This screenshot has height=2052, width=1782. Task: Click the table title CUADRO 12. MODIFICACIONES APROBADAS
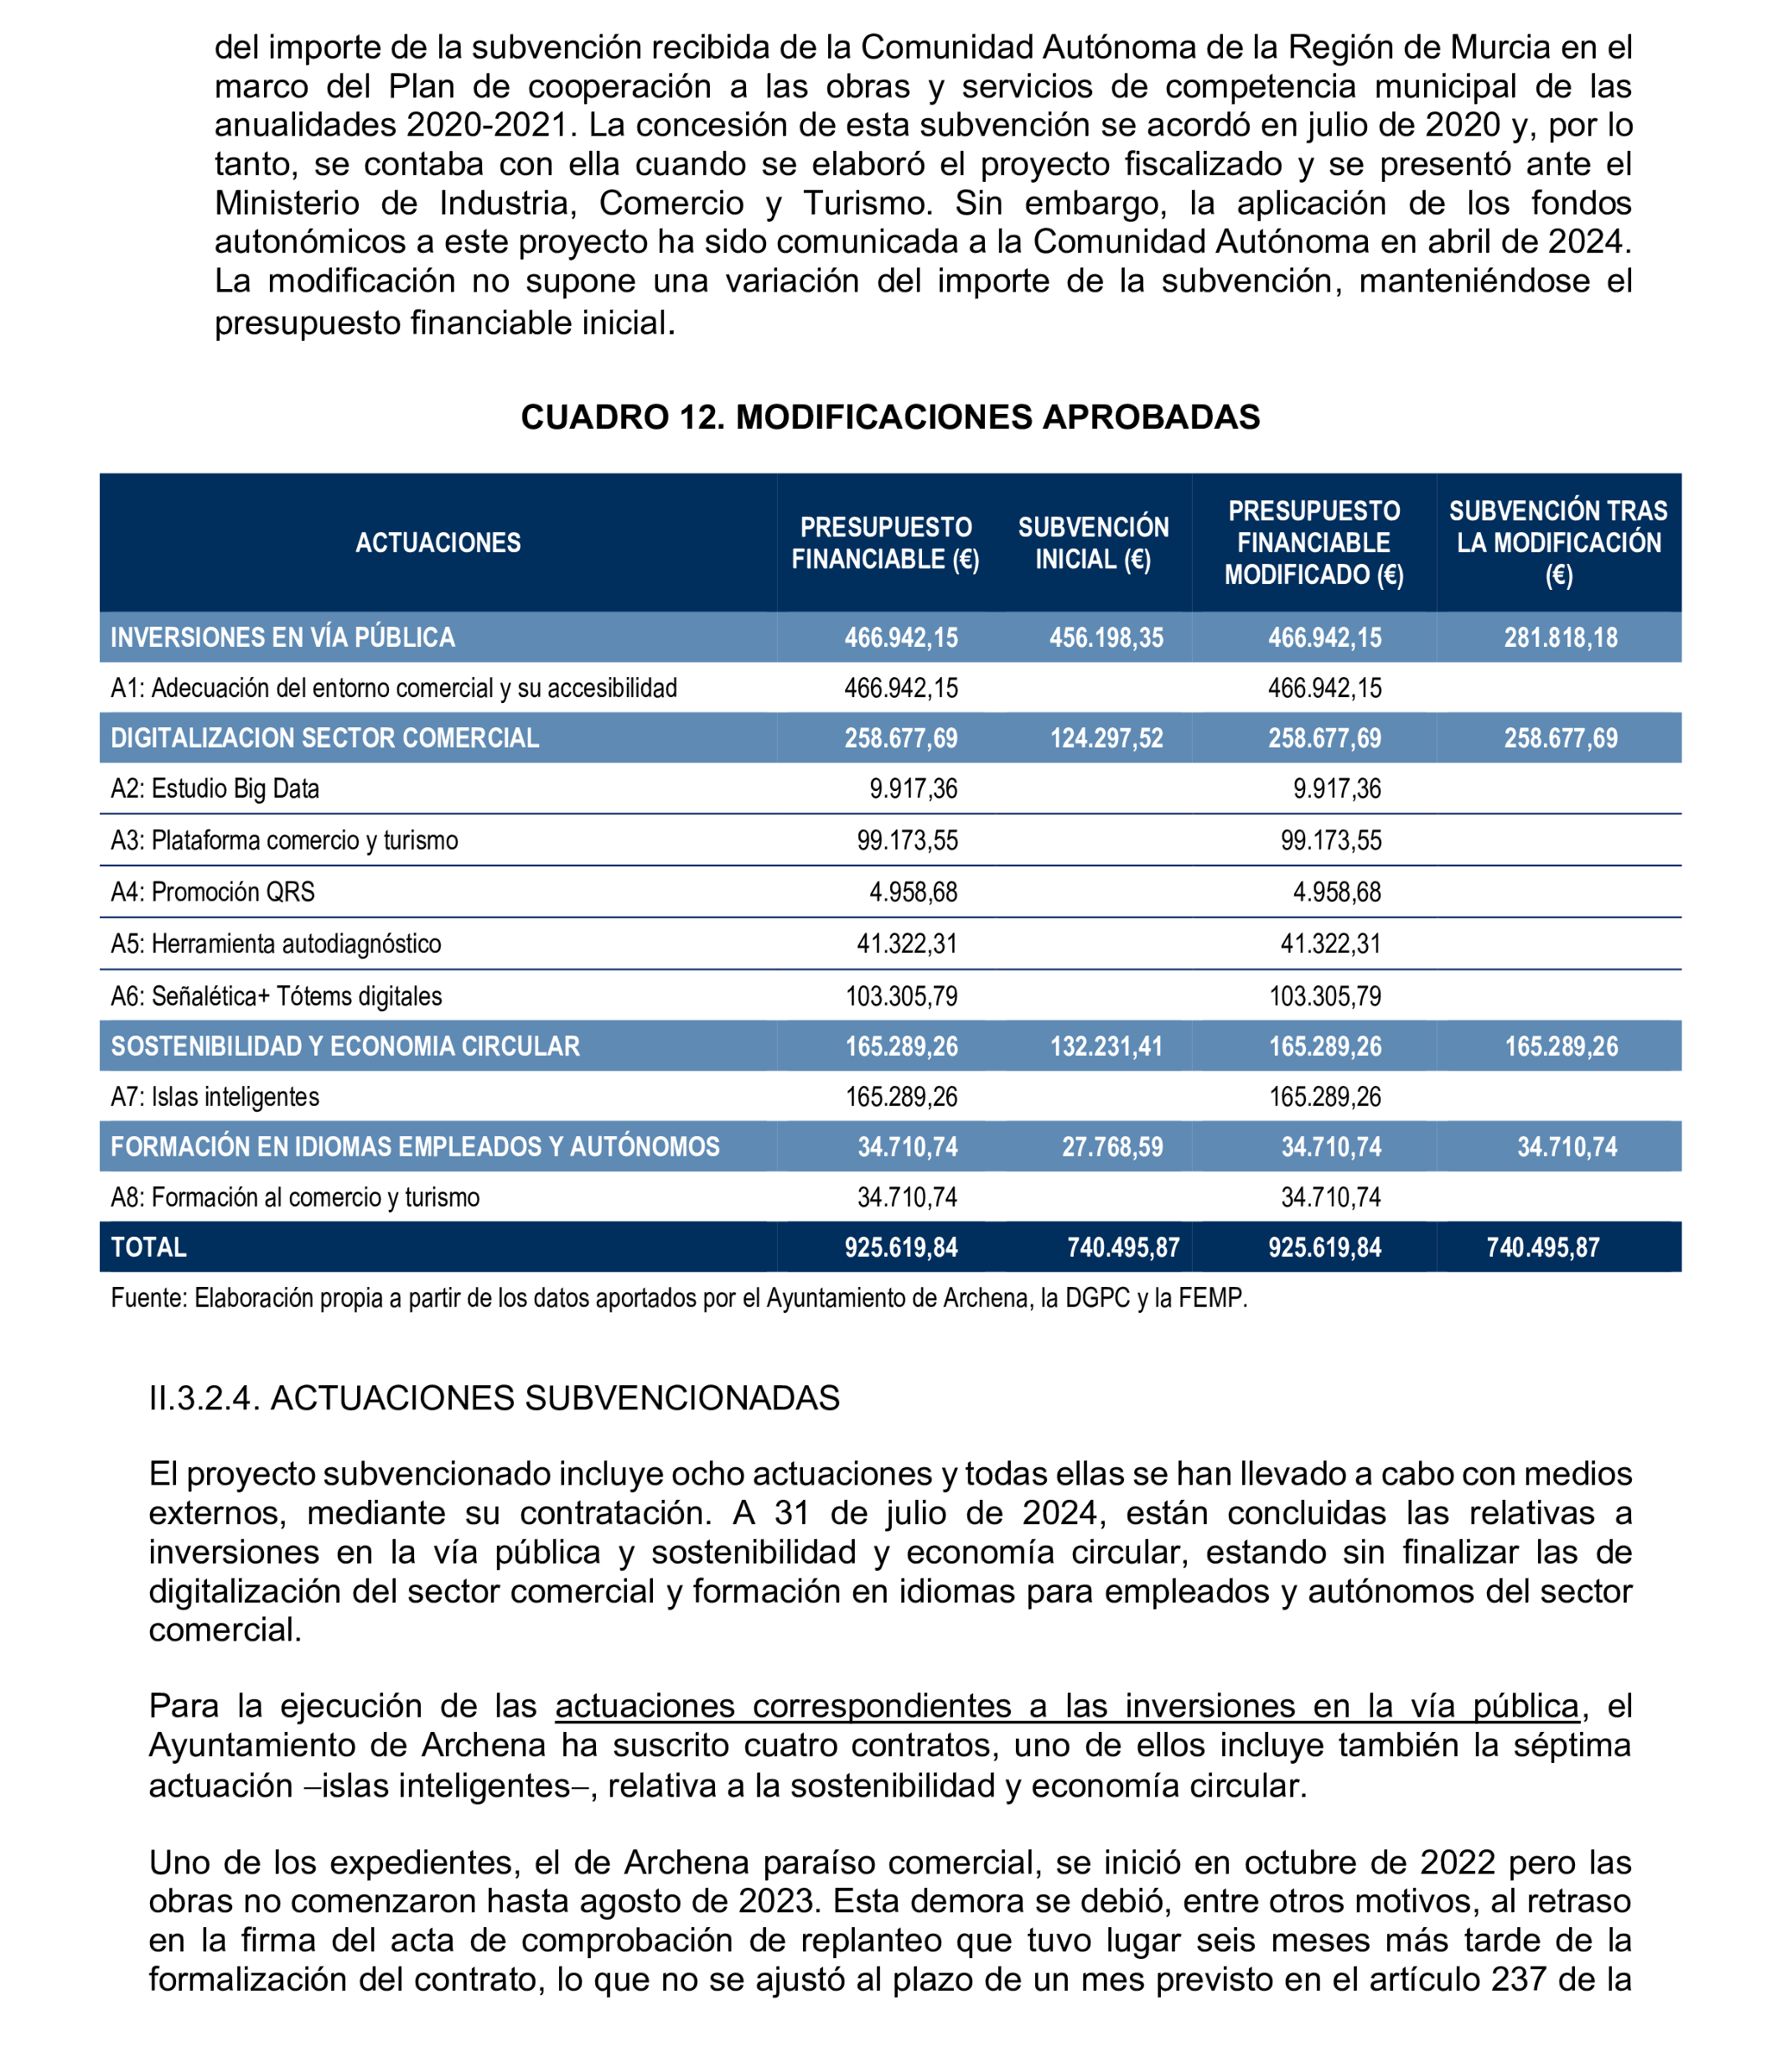(890, 416)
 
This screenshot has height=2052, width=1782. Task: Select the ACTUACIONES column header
(438, 543)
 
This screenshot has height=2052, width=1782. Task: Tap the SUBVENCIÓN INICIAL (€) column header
(1093, 543)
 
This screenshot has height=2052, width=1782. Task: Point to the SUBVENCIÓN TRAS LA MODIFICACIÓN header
(1557, 543)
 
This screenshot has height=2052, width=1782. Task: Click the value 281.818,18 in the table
(1560, 638)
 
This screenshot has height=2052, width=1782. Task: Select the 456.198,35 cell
(1106, 638)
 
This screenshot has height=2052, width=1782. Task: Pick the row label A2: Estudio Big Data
(215, 788)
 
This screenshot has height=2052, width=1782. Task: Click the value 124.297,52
(1106, 737)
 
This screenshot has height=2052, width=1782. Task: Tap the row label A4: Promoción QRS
(213, 892)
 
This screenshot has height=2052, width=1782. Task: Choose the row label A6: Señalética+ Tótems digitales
(277, 995)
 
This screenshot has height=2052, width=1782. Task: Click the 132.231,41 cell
(1106, 1046)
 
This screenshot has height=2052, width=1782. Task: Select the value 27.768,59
(1111, 1146)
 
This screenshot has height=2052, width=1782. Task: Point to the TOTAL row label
(149, 1247)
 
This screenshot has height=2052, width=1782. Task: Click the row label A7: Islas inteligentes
(215, 1097)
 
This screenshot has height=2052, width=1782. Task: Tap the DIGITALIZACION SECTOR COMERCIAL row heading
(324, 737)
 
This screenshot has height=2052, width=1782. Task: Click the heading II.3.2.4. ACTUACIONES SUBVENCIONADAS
(495, 1398)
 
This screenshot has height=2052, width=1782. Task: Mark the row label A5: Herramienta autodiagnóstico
(276, 943)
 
